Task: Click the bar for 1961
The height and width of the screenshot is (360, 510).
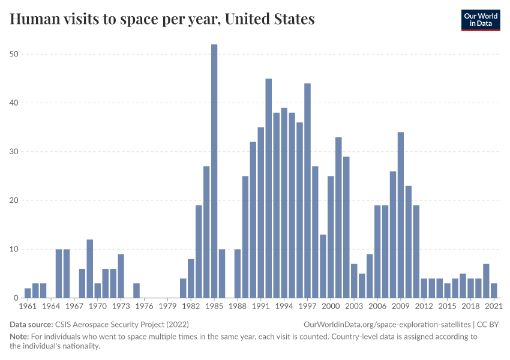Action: coord(28,293)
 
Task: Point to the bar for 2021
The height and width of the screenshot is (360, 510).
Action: coord(494,291)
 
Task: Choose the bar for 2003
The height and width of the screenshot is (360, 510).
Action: coord(354,281)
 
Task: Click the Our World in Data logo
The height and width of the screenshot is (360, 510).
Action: coord(480,19)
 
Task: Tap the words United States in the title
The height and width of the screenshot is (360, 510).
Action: coord(269,19)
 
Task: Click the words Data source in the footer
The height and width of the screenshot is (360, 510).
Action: coord(31,324)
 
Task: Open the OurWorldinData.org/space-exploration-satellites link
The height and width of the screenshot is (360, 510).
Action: coord(383,324)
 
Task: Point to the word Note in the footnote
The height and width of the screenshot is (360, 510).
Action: coord(20,337)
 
